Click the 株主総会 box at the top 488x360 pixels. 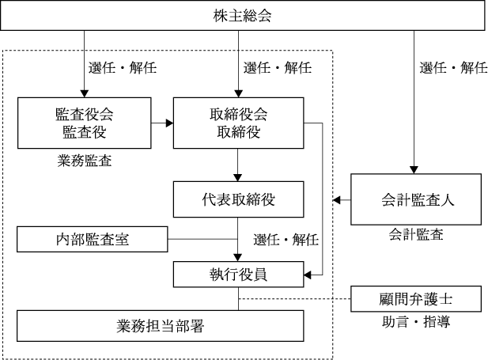[243, 15]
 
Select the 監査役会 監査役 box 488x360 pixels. [85, 123]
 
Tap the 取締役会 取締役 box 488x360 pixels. [238, 123]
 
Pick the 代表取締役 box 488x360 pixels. [238, 199]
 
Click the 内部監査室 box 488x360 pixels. [92, 239]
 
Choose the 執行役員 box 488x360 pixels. [238, 275]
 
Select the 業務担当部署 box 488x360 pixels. [161, 326]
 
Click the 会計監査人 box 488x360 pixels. [416, 199]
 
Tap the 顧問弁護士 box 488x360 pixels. [416, 299]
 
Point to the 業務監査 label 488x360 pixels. [85, 161]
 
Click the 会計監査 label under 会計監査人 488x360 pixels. [416, 234]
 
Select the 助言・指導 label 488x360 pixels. [416, 321]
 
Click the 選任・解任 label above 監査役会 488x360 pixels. [123, 67]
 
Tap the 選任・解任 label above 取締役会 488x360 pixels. [278, 67]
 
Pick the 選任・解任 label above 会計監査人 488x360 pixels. [453, 67]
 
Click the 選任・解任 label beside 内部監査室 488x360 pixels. [286, 240]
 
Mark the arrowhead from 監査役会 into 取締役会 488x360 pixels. [169, 123]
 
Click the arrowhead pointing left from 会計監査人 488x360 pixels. [337, 199]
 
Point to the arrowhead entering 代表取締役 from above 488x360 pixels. [238, 177]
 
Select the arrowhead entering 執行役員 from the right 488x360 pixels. [308, 275]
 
